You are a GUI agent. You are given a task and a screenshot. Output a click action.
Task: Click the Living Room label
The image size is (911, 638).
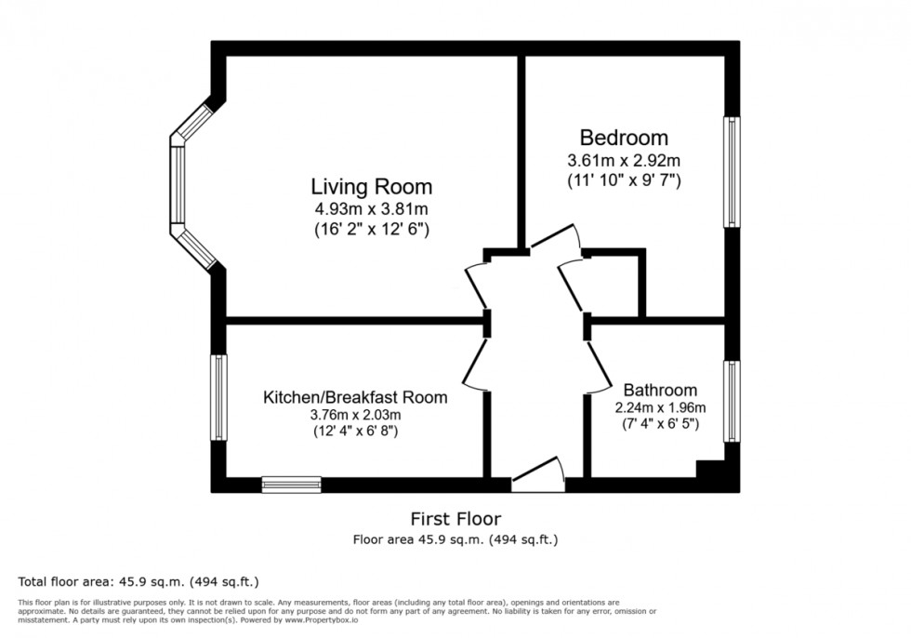(x=371, y=186)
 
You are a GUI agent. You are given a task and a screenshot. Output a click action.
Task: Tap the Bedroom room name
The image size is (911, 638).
(x=624, y=139)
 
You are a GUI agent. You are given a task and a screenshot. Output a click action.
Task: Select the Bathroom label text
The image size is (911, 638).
(x=660, y=390)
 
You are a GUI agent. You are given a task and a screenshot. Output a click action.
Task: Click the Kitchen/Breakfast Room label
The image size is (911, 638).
(x=355, y=397)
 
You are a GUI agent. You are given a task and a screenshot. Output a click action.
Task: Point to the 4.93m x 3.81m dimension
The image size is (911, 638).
(x=370, y=208)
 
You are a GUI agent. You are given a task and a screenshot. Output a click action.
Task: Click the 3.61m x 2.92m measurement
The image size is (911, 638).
(x=624, y=160)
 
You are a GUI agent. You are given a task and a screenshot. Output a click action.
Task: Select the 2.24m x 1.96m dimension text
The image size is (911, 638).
(x=660, y=407)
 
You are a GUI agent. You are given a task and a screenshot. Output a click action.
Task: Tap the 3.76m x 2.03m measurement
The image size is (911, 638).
(x=355, y=415)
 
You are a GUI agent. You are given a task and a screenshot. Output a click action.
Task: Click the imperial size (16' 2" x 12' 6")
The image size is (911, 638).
(x=370, y=228)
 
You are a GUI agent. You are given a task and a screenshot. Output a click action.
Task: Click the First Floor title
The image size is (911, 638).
(x=455, y=518)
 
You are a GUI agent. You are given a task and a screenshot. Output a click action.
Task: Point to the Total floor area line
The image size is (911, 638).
(x=139, y=582)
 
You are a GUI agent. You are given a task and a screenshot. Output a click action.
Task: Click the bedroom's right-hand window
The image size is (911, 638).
(x=733, y=171)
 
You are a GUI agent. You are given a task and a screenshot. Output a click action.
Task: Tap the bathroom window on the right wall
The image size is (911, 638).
(x=733, y=401)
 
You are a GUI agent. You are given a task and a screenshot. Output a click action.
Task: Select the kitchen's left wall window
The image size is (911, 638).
(x=219, y=397)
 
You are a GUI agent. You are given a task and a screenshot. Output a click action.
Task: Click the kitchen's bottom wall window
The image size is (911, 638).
(x=291, y=484)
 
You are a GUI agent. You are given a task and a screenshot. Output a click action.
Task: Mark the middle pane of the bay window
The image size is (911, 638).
(x=178, y=183)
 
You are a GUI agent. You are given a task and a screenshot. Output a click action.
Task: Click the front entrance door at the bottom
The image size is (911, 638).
(x=538, y=477)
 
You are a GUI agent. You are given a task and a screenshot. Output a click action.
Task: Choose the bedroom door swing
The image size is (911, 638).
(x=555, y=239)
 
